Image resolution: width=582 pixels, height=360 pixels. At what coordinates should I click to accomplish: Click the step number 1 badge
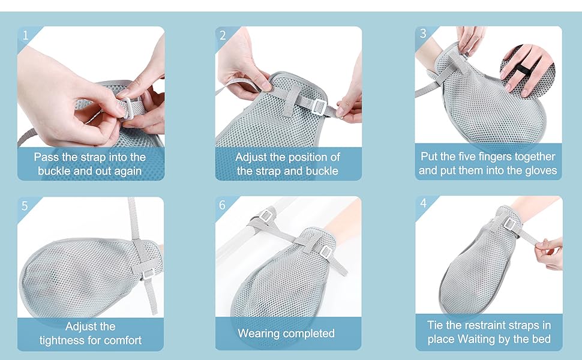pyautogui.click(x=25, y=35)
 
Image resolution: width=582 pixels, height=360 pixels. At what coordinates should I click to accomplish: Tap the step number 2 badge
pyautogui.click(x=223, y=35)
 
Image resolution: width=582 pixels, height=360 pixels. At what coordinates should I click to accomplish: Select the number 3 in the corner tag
pyautogui.click(x=423, y=34)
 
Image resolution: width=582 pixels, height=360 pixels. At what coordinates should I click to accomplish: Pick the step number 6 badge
pyautogui.click(x=223, y=206)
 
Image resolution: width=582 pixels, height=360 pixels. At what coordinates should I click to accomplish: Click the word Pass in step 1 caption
pyautogui.click(x=45, y=157)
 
